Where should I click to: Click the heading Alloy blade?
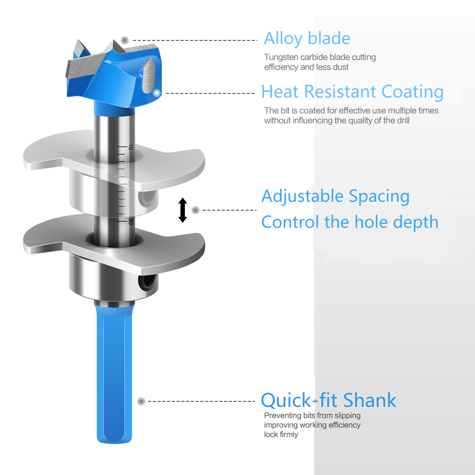[x=307, y=39]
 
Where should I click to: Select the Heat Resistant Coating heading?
[x=352, y=92]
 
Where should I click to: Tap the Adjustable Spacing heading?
[x=335, y=196]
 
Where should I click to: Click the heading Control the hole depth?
[x=350, y=222]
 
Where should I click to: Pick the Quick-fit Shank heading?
[x=329, y=400]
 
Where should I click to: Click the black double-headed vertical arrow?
[x=182, y=210]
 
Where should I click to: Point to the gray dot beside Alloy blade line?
[x=125, y=40]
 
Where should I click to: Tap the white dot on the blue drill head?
[x=156, y=93]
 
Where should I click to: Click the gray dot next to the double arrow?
[x=196, y=210]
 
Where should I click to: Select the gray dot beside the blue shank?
[x=141, y=401]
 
